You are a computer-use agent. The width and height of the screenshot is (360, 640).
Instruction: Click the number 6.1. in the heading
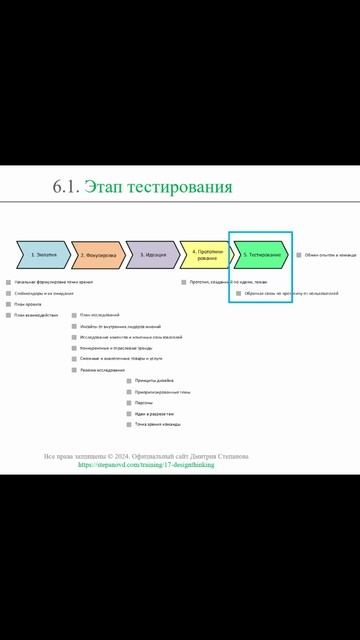(x=66, y=187)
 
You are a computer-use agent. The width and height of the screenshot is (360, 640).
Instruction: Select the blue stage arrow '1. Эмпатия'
(x=44, y=255)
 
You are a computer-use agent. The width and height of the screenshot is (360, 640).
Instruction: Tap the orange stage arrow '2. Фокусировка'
(x=97, y=255)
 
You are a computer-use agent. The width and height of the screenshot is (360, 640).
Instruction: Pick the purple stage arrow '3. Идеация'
(x=153, y=255)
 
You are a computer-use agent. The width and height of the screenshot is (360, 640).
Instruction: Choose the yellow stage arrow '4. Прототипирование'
(x=207, y=255)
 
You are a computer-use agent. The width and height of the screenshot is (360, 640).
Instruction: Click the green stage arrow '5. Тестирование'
(x=261, y=255)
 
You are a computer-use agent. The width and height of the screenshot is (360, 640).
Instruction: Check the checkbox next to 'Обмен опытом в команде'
(x=299, y=255)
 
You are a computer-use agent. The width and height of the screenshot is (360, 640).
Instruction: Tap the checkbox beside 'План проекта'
(x=8, y=304)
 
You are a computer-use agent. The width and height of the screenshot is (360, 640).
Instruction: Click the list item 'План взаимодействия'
(x=34, y=315)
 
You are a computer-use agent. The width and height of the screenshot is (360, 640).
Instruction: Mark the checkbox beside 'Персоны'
(x=129, y=402)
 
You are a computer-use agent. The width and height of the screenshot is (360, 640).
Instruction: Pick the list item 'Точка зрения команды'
(x=158, y=424)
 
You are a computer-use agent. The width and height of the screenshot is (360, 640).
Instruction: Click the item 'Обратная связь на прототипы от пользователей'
(x=291, y=293)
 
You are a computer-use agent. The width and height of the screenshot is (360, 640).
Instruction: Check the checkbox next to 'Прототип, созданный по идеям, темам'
(x=184, y=282)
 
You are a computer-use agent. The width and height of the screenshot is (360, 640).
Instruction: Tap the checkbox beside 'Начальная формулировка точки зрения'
(x=8, y=282)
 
